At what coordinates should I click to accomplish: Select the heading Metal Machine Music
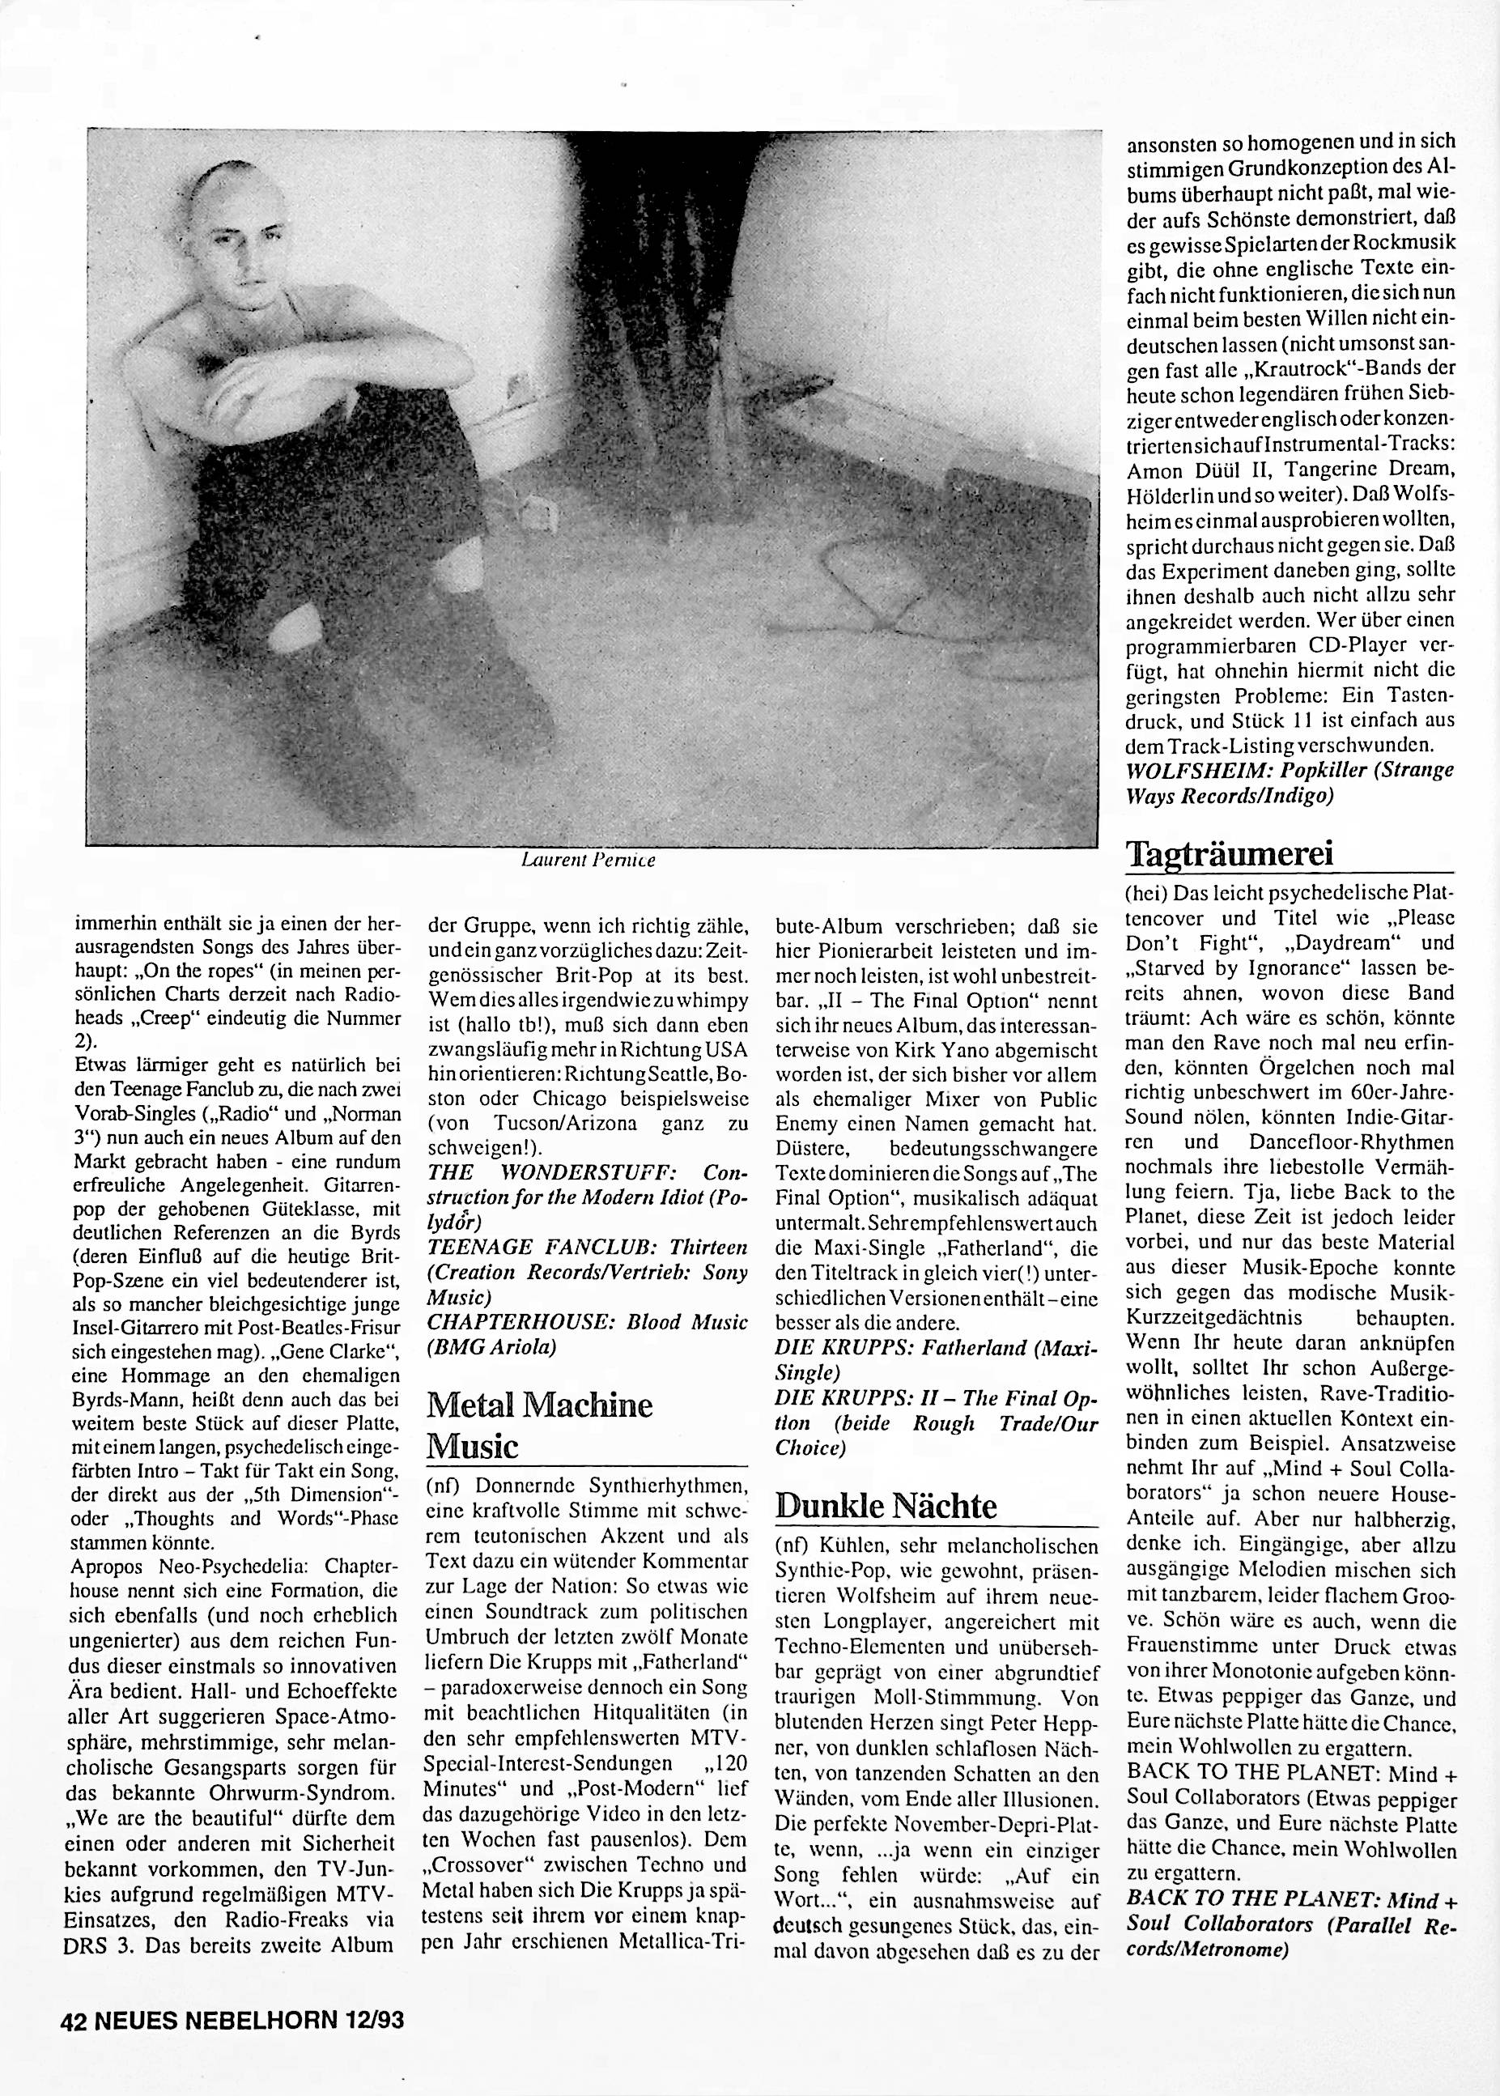point(539,1424)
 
